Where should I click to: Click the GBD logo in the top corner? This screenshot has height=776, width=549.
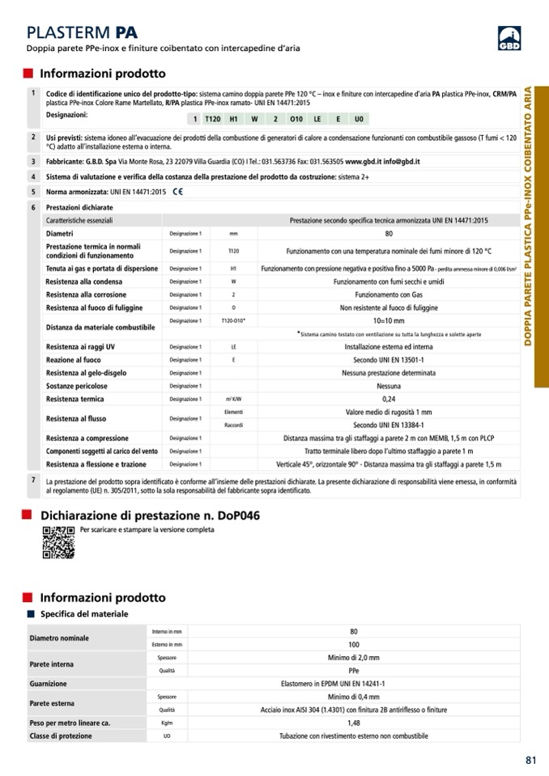(x=509, y=37)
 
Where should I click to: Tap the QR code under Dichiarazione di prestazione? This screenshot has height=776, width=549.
(x=58, y=542)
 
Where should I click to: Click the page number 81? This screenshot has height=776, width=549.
(x=530, y=760)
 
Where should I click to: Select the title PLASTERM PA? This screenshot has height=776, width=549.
(x=82, y=32)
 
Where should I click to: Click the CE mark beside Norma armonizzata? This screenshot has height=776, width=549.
(x=177, y=192)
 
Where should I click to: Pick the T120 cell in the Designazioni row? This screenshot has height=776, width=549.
(x=213, y=119)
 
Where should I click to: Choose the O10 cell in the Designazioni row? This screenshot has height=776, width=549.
(x=296, y=119)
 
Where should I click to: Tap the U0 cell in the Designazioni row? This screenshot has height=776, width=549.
(x=359, y=119)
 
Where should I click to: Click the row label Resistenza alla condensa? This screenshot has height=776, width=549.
(x=86, y=282)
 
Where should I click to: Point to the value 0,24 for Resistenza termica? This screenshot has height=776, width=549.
(x=389, y=399)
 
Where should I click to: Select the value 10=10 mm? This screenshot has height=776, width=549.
(x=389, y=321)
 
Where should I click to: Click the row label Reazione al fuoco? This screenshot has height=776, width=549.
(x=74, y=360)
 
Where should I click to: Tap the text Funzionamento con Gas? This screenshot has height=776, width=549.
(x=389, y=295)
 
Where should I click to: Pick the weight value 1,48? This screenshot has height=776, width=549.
(x=354, y=723)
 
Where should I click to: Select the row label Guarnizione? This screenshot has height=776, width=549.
(x=49, y=684)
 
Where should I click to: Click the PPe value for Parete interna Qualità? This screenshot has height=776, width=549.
(x=354, y=671)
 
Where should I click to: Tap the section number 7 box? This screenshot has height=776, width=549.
(x=32, y=481)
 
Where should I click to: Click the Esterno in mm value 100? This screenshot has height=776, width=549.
(x=354, y=644)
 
